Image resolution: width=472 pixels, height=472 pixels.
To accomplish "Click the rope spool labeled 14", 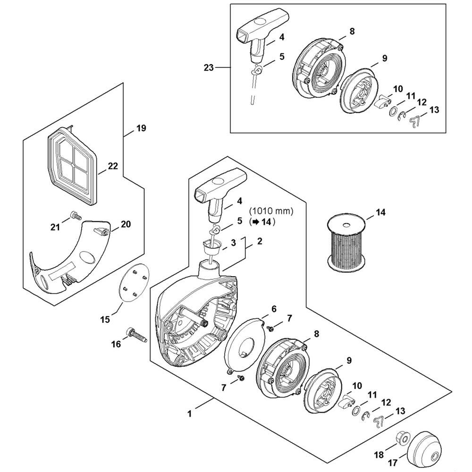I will point(347,244).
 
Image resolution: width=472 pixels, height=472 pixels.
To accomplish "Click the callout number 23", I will point(208,68).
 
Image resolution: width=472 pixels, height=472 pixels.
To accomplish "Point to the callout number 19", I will point(141,128).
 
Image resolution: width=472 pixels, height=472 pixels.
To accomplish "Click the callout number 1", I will point(189,413).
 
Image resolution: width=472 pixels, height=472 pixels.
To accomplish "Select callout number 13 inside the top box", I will point(435,110).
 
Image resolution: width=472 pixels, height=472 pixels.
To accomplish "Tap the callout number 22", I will point(113,167).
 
